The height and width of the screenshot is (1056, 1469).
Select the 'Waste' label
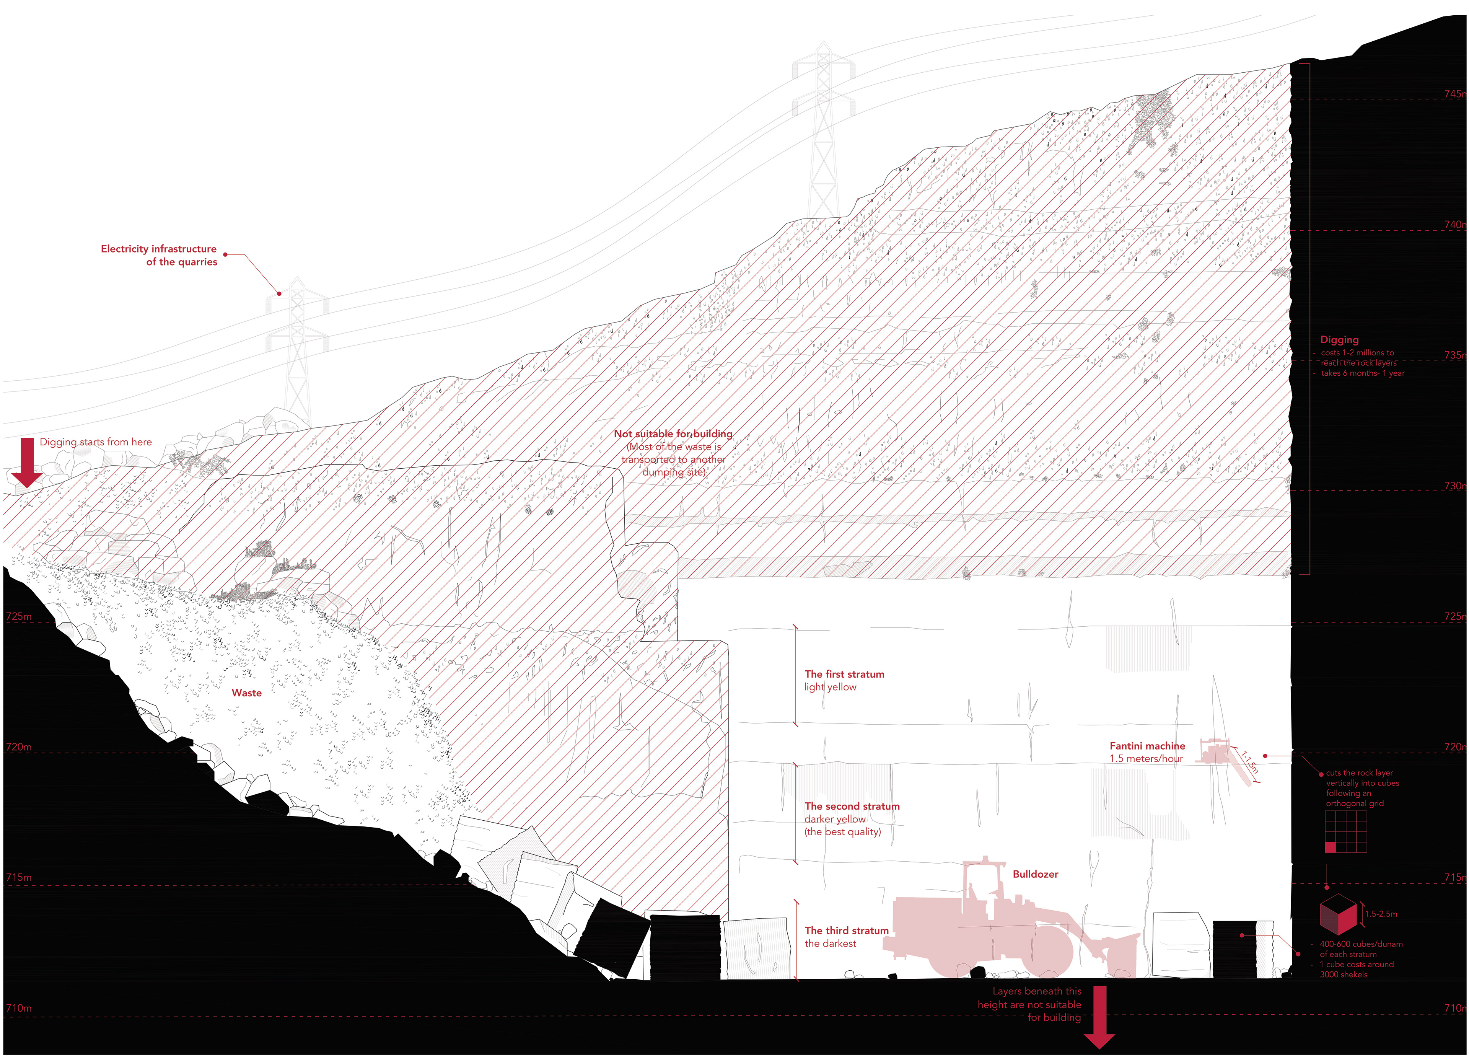(x=247, y=693)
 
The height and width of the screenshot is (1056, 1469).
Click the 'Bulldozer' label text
(x=1035, y=874)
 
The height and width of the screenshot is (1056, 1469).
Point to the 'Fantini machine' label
(x=1147, y=746)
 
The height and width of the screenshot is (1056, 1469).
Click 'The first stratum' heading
(x=844, y=674)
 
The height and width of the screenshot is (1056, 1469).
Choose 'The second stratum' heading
(x=852, y=806)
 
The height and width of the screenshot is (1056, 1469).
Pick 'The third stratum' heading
(x=847, y=931)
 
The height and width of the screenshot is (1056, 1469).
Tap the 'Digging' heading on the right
(x=1339, y=339)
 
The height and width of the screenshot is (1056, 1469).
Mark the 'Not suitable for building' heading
(x=673, y=433)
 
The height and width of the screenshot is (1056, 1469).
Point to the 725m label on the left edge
(x=19, y=616)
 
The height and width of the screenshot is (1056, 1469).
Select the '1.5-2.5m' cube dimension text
(x=1381, y=913)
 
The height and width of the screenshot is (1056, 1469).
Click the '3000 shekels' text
(x=1344, y=975)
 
